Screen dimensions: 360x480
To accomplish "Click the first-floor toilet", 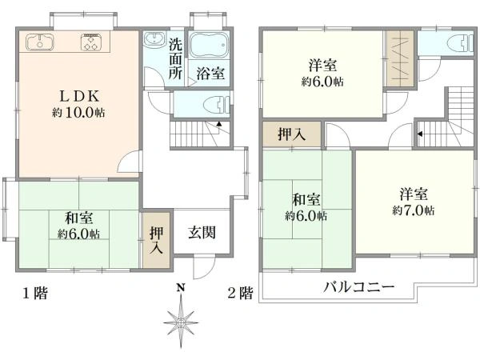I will click(x=210, y=103).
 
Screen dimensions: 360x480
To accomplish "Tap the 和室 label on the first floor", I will click(x=78, y=217).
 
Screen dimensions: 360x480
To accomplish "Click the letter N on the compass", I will click(x=182, y=287).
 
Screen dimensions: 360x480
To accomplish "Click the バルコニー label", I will click(x=358, y=286).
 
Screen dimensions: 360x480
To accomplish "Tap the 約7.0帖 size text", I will click(x=414, y=210).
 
